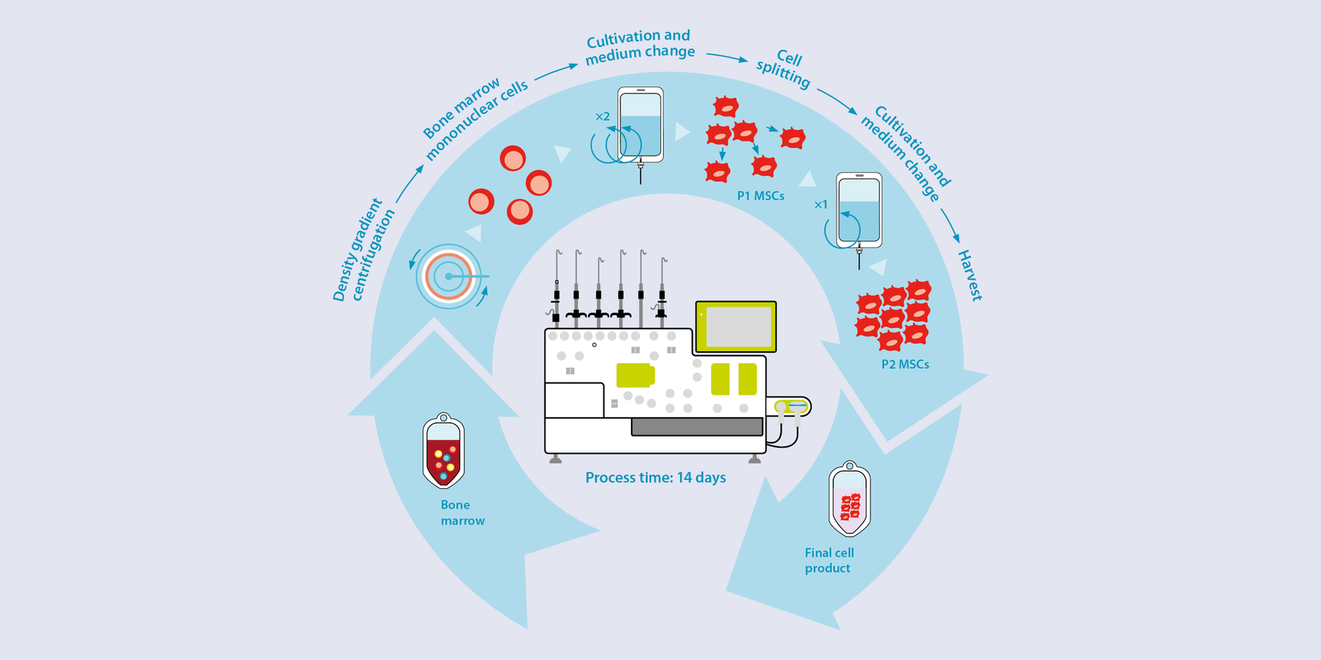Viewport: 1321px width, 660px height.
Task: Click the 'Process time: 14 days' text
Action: [x=655, y=477]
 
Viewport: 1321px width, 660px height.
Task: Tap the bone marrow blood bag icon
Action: [x=443, y=452]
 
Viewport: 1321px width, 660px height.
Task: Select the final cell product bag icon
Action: [x=850, y=499]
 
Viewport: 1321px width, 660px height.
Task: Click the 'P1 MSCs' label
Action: [x=760, y=196]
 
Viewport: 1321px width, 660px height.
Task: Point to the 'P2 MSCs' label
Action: [x=905, y=364]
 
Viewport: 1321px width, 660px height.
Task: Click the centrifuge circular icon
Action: [x=449, y=276]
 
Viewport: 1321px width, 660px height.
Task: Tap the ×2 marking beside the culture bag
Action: [x=603, y=117]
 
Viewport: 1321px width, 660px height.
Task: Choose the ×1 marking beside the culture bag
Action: [x=820, y=204]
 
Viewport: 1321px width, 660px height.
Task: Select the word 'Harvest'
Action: [x=970, y=275]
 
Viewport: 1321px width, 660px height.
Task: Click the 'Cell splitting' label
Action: [x=784, y=67]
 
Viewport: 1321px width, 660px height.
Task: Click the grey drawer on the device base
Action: [x=696, y=427]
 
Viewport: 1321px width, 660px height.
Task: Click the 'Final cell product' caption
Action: [x=828, y=560]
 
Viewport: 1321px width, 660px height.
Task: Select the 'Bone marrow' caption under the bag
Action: [x=462, y=513]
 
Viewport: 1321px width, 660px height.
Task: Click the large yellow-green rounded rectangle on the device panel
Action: [x=634, y=375]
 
